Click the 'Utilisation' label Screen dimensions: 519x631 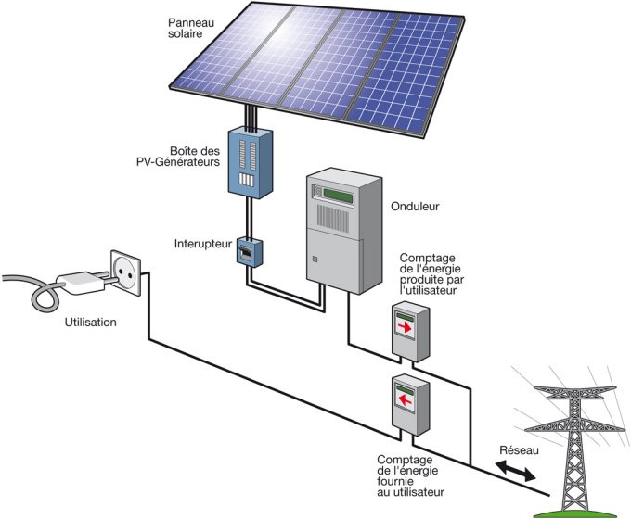(91, 323)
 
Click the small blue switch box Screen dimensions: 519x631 (248, 251)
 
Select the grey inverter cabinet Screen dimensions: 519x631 (344, 232)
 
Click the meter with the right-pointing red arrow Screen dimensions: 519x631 (409, 329)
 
